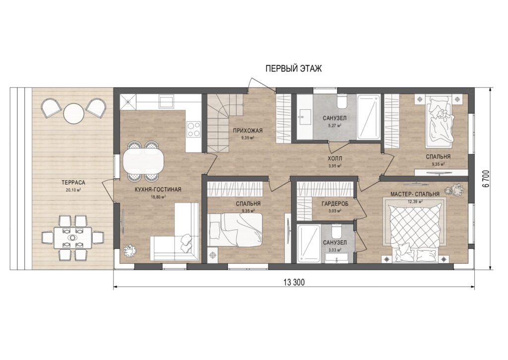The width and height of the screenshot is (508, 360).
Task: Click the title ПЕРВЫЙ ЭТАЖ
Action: coord(294,69)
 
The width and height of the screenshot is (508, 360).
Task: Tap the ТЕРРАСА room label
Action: coord(73,183)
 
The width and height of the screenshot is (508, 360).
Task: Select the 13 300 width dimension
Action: coord(294,283)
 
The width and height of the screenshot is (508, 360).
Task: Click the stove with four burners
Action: coord(194,129)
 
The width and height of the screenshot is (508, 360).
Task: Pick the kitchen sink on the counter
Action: coord(166,101)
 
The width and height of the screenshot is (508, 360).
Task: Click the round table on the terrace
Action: coord(74,113)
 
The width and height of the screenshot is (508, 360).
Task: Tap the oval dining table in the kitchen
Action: coord(143,161)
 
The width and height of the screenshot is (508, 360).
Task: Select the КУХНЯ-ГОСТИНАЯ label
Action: coord(158,190)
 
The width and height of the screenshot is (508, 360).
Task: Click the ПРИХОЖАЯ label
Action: coord(247,131)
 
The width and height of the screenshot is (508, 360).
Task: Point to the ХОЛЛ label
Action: coord(335,159)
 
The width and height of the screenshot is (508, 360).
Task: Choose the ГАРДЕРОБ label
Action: coord(335,204)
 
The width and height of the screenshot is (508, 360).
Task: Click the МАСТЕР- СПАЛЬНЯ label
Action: coord(415,194)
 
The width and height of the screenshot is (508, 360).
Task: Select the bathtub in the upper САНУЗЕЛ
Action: coord(369,117)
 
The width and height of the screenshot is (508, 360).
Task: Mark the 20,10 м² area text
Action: coord(73,190)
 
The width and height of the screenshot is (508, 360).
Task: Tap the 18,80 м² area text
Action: coord(158,197)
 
